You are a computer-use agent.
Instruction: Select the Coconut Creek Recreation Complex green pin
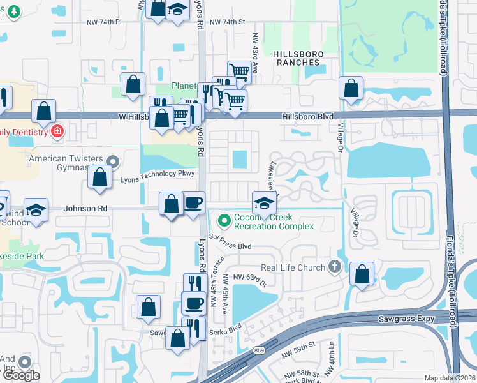click(x=224, y=221)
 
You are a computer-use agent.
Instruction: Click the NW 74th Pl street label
click(x=105, y=22)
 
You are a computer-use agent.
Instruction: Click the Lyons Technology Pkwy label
click(x=156, y=173)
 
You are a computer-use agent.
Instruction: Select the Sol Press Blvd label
click(x=230, y=246)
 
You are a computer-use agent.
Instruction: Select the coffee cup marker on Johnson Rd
click(x=193, y=203)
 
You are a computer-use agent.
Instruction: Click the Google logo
click(x=21, y=375)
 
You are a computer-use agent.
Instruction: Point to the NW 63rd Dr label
click(x=249, y=276)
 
